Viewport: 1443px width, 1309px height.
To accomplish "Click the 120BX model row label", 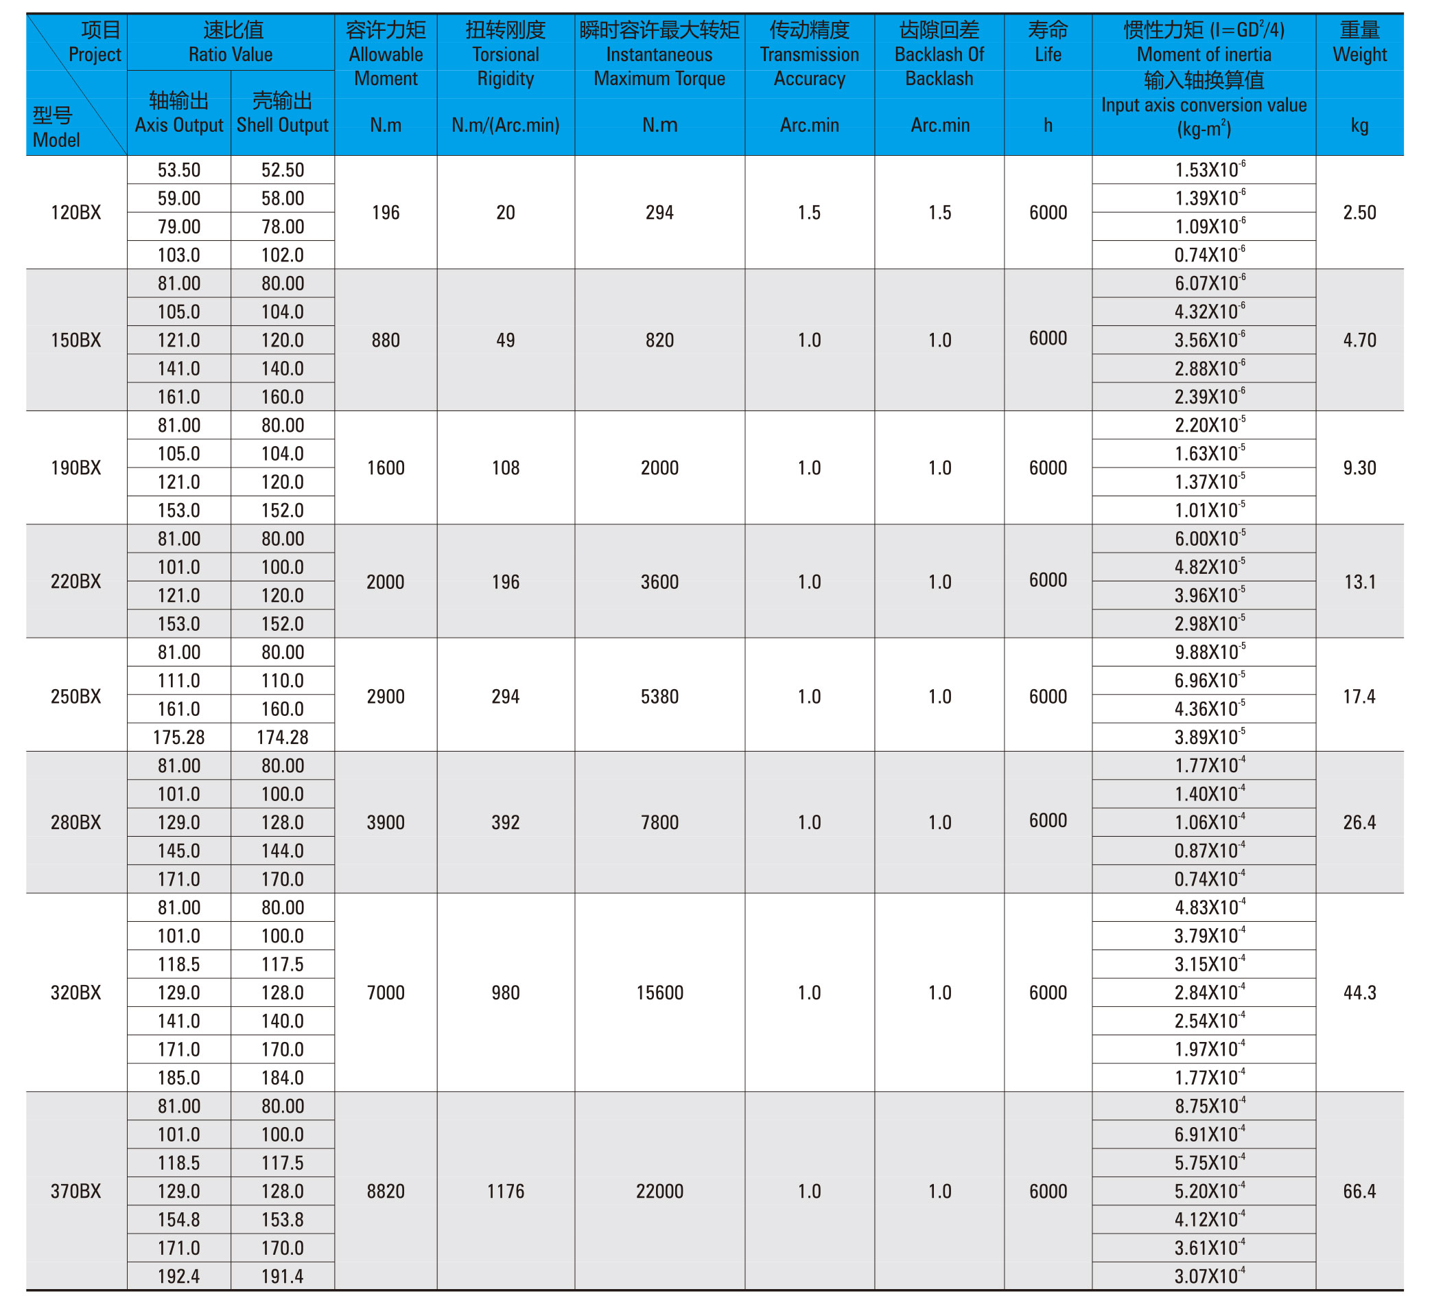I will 76,213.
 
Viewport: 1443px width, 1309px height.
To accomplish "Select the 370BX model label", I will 76,1191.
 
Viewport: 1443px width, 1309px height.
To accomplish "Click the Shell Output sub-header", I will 282,113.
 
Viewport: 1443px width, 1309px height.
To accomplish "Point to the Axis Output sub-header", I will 179,113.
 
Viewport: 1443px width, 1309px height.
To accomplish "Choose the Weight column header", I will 1359,43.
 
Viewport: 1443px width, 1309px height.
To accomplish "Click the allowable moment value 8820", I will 386,1191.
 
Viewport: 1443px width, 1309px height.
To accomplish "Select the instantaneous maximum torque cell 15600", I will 659,993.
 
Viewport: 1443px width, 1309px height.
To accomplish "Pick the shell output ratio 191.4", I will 282,1276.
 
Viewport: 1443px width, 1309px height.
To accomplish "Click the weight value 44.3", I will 1359,993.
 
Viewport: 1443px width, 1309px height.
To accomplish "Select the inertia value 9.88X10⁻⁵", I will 1209,652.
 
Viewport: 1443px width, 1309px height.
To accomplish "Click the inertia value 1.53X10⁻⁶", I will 1209,170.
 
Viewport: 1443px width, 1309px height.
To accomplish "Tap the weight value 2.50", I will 1359,213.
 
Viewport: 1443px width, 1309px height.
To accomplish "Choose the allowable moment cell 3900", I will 386,822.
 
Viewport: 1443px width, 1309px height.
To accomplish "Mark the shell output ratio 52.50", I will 282,170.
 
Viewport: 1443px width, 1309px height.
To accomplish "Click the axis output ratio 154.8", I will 179,1220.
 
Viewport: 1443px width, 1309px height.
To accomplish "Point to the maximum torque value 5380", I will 659,696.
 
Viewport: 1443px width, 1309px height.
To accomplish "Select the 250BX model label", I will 76,696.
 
